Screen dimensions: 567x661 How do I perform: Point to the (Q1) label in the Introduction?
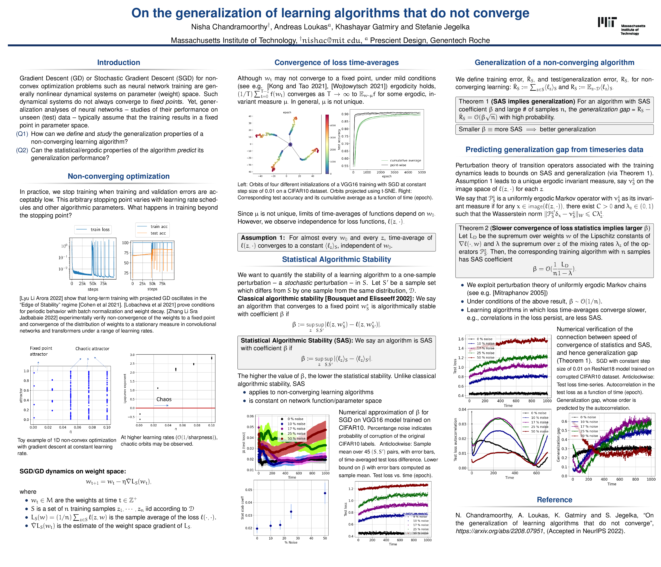22,134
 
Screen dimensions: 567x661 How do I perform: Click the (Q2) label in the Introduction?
22,150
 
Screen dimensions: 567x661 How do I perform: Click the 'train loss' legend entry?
100,229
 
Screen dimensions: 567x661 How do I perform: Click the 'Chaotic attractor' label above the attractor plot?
92,349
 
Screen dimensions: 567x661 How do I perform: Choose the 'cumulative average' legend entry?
405,161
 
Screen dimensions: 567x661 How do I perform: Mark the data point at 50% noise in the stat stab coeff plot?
325,493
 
